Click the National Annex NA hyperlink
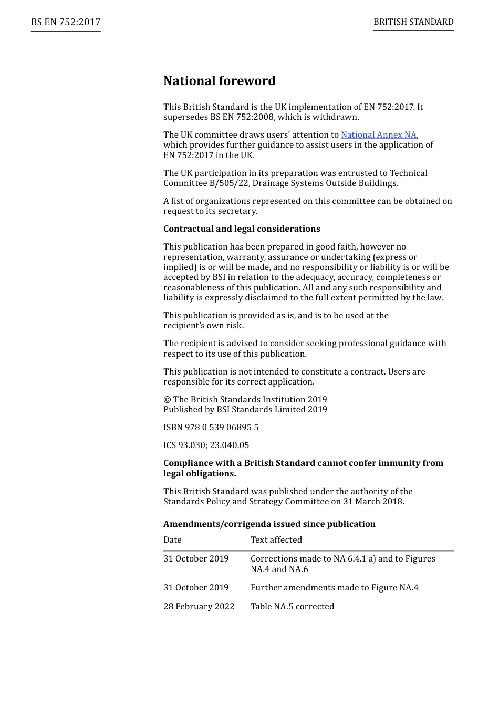coord(378,135)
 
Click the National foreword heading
coord(219,81)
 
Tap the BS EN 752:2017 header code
coord(66,22)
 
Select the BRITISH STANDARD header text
coord(413,22)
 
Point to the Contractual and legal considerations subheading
coord(242,229)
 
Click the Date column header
coord(172,540)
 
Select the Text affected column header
coord(276,540)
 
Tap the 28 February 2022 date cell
coord(199,607)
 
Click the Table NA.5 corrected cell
coord(292,607)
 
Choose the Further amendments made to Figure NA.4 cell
coord(334,588)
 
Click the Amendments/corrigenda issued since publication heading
coord(269,524)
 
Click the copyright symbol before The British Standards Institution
coord(167,400)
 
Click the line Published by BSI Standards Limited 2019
coord(245,410)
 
